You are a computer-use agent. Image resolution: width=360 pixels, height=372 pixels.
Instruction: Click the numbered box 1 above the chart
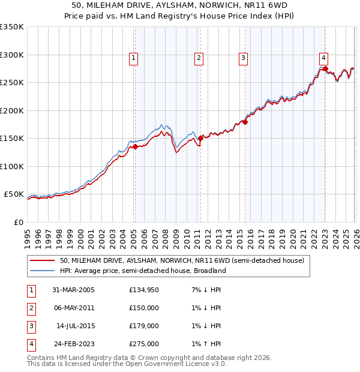[133, 58]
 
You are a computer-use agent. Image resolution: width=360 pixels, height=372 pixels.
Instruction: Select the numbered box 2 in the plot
[198, 58]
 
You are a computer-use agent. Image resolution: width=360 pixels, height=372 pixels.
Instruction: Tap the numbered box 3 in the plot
[243, 58]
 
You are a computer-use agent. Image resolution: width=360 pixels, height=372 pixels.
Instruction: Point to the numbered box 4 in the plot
[323, 58]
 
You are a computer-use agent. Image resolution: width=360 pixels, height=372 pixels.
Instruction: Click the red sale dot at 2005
[135, 146]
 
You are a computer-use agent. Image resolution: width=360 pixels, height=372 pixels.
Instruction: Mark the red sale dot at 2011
[200, 138]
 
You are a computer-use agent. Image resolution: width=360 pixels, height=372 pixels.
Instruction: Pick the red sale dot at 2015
[245, 122]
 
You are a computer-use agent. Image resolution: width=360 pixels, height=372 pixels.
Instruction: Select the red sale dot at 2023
[325, 69]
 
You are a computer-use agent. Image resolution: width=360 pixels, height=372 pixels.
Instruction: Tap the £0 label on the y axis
[18, 222]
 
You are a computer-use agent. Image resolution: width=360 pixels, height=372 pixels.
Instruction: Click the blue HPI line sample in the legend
[43, 271]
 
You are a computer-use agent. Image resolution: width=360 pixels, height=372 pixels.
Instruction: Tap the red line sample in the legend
[43, 260]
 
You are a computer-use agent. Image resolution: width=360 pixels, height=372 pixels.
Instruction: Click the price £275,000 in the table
[144, 344]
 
